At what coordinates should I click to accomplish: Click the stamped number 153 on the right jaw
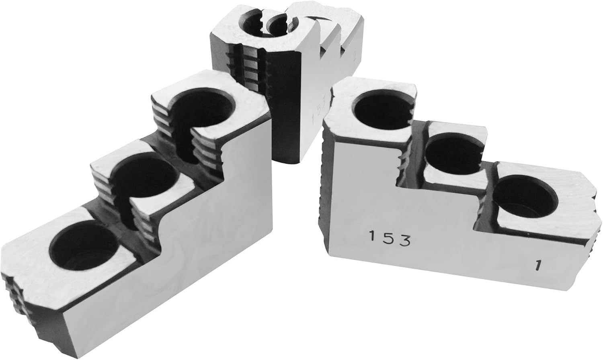point(389,240)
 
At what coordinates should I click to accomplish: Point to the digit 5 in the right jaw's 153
point(389,240)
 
